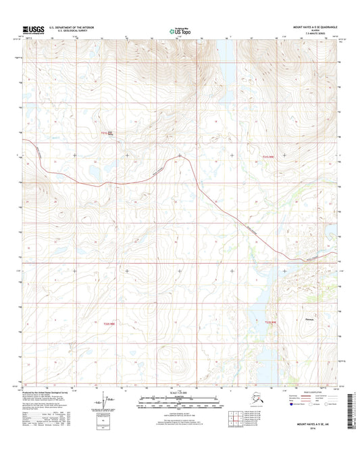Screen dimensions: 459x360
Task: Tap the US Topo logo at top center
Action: [x=179, y=30]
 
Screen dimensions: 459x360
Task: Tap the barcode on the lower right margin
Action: [x=351, y=412]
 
